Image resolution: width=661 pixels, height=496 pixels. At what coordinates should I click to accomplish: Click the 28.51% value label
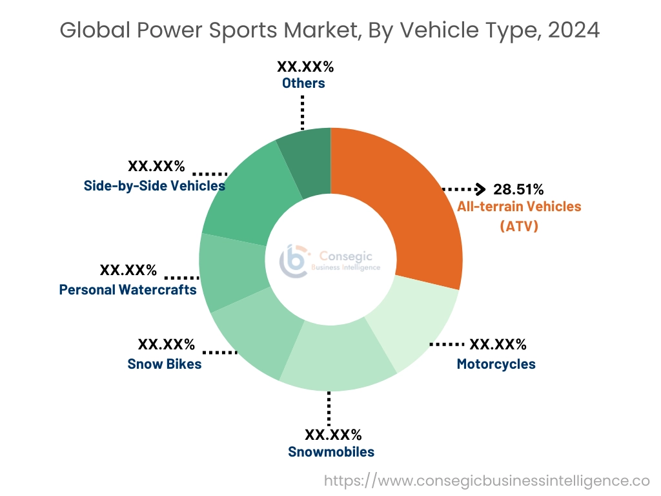tap(518, 190)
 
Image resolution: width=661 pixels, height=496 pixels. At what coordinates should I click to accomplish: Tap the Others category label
tap(303, 83)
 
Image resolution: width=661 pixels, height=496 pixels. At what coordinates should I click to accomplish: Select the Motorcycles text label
tap(496, 364)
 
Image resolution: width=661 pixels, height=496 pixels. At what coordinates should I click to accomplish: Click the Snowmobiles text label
tap(331, 451)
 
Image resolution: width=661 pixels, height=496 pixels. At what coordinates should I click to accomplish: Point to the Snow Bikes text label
tap(165, 364)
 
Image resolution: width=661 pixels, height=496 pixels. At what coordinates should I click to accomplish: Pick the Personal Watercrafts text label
tap(128, 290)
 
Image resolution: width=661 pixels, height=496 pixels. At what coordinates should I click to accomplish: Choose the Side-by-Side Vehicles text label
tap(154, 186)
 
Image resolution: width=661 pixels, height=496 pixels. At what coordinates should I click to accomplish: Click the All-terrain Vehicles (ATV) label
tap(519, 216)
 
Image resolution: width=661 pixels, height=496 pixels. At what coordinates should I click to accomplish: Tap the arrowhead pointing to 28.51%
tap(479, 189)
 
